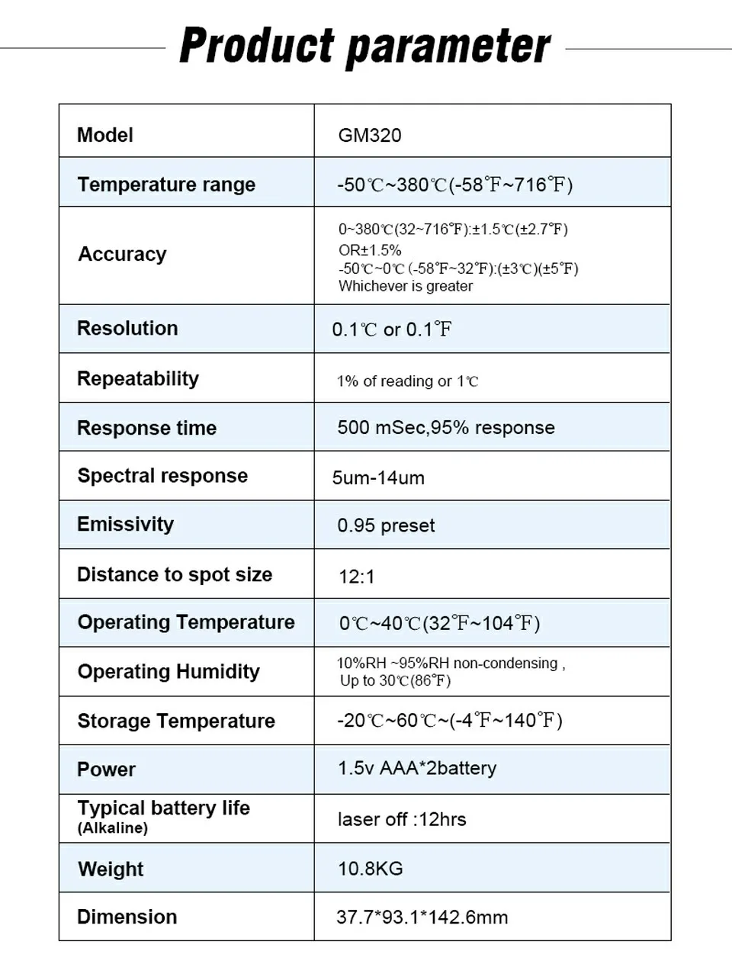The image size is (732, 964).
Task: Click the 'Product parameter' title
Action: point(364,46)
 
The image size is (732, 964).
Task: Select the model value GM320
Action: point(370,136)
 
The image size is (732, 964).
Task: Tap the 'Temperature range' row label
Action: point(166,185)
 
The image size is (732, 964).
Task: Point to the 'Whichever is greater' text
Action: point(406,286)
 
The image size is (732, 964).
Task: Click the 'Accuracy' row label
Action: point(122,254)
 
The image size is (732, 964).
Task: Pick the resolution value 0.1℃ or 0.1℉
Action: point(392,329)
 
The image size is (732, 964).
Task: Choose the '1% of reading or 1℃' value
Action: point(408,381)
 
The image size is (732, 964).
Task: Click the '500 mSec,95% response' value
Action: point(446,428)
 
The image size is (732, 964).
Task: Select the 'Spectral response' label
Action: point(162,476)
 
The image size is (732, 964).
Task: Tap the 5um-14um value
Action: point(378,478)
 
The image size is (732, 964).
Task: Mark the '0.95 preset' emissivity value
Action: point(386,525)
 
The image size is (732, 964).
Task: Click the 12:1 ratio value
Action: point(357,577)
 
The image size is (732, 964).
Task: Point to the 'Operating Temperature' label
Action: point(186,622)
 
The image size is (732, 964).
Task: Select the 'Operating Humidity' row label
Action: point(169,672)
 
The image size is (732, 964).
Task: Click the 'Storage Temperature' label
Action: point(176,721)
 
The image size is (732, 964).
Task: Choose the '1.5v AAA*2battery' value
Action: point(417,768)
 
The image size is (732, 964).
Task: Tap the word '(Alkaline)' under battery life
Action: point(113,828)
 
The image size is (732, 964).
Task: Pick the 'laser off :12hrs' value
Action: point(402,819)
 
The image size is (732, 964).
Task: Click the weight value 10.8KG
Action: point(371,869)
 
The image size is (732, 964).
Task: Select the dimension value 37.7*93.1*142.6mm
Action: point(422,917)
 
